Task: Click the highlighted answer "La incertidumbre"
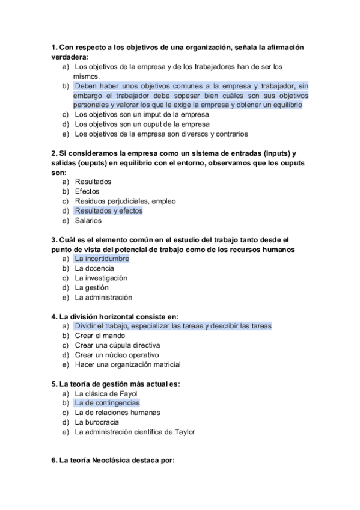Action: point(102,259)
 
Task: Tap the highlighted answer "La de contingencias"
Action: point(107,403)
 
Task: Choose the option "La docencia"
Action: point(95,268)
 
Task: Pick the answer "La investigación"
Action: point(101,278)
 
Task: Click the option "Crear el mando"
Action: point(100,336)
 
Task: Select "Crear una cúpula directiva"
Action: point(117,345)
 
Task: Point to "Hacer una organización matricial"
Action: point(127,364)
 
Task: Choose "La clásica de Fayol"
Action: point(106,393)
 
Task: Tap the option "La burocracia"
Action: point(96,422)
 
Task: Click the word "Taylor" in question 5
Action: point(185,432)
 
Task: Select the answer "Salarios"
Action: point(88,220)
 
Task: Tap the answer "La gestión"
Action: point(91,287)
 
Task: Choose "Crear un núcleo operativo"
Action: point(117,355)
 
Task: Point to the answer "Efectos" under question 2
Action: point(87,191)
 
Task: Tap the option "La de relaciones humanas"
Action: point(117,413)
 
